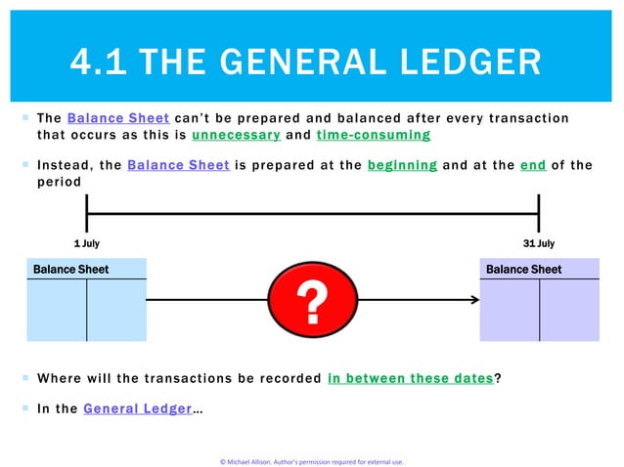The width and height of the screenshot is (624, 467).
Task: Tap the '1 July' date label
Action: [x=86, y=243]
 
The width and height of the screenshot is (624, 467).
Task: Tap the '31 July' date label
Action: [x=538, y=243]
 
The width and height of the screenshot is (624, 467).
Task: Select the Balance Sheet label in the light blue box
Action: [x=71, y=269]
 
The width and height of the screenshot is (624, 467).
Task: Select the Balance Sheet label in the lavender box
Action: [x=523, y=269]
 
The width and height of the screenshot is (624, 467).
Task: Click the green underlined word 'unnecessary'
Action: [x=237, y=135]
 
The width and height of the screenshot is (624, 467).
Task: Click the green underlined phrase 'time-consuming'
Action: [x=373, y=135]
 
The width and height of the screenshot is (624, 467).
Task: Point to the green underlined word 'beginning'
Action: [x=402, y=165]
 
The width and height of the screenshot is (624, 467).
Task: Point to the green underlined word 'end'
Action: [x=533, y=165]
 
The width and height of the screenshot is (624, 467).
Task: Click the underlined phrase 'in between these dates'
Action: [x=411, y=379]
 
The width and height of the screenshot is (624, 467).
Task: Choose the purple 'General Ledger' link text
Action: [x=136, y=408]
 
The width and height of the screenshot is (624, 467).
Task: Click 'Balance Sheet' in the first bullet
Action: [x=109, y=118]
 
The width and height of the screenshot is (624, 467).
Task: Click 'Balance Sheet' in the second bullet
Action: [x=178, y=165]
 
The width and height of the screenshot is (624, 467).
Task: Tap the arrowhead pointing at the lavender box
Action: [x=470, y=300]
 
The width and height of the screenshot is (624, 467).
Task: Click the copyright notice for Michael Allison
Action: [x=311, y=461]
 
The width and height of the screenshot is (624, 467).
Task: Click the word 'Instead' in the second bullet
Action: [x=64, y=165]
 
